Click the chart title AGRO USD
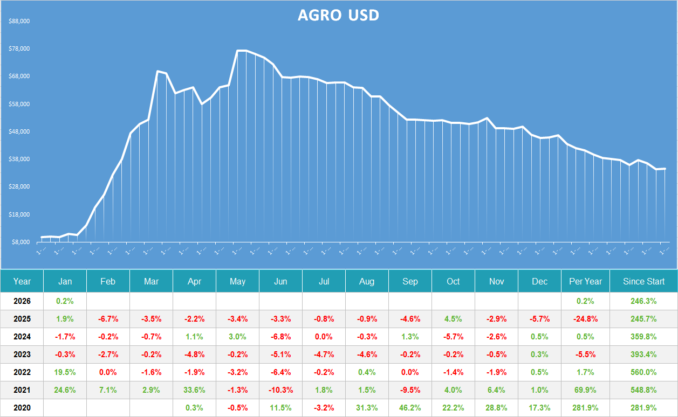pos(338,15)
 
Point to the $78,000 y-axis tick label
pos(19,49)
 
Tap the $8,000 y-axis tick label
pos(20,242)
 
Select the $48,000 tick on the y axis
pos(19,132)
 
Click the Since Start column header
pos(643,281)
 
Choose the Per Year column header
pos(585,281)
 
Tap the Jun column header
pos(280,281)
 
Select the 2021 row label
pos(22,390)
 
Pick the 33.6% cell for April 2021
pos(194,390)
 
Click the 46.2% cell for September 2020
pos(410,408)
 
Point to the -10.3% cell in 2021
pos(280,390)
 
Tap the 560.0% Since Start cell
pos(643,372)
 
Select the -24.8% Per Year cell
pos(585,319)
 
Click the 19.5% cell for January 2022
pos(65,372)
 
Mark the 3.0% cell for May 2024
pos(237,337)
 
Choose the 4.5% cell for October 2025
pos(453,319)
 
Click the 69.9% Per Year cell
pos(585,390)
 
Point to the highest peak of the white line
pos(242,51)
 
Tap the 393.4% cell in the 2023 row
pos(643,355)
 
